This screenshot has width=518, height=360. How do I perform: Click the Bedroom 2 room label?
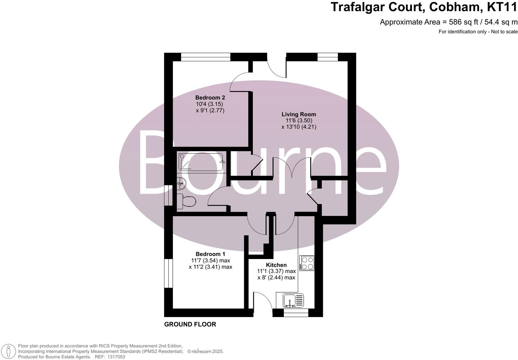210,98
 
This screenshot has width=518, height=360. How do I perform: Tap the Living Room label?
299,114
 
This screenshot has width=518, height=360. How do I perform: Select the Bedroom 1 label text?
210,254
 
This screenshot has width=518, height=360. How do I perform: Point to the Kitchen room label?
276,265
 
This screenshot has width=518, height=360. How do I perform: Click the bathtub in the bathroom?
201,162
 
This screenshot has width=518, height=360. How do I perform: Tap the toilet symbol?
186,201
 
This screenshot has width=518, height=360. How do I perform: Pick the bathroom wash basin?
181,182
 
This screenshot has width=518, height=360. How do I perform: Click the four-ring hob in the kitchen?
307,263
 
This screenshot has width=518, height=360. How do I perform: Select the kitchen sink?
290,300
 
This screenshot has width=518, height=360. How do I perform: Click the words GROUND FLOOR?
190,324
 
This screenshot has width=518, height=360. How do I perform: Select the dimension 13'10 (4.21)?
299,127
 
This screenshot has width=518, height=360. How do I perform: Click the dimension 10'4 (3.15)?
209,104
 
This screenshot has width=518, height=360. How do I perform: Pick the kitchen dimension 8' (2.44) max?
276,278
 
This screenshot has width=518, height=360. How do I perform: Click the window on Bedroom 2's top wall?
206,57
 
